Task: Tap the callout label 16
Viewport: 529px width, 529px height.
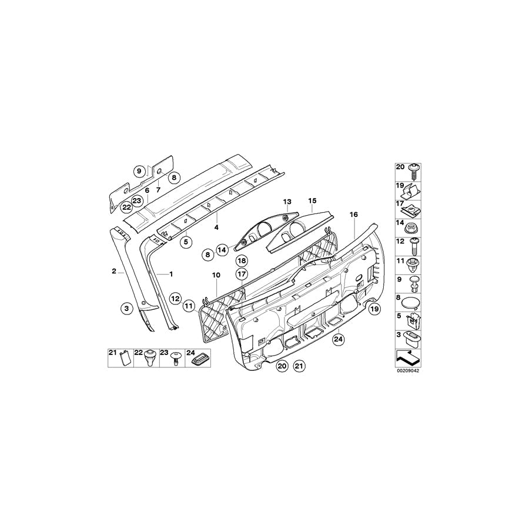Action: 354,215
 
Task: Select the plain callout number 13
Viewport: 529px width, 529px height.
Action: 287,202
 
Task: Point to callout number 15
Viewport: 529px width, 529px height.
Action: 312,201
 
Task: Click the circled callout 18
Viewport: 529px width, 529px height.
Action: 242,261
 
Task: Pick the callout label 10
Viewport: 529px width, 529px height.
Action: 216,275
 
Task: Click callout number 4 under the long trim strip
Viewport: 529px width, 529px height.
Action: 216,227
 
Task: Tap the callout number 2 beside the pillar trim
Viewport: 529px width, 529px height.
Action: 114,271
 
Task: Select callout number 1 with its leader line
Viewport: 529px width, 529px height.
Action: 166,274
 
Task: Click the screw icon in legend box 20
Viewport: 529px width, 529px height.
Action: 413,172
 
